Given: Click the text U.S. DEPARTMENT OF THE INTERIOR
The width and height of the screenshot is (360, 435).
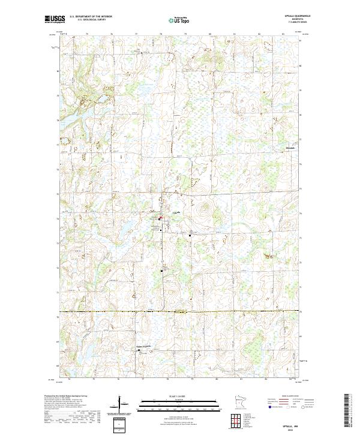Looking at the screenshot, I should pyautogui.click(x=91, y=16).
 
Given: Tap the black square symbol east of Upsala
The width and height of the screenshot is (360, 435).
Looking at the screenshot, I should pyautogui.click(x=190, y=235).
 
